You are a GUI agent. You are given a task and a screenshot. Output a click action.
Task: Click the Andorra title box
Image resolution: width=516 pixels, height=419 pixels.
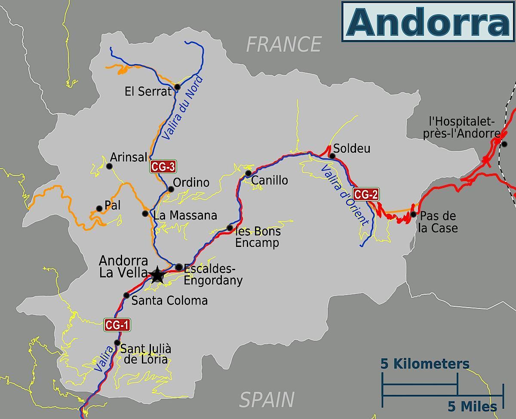[x=428, y=21]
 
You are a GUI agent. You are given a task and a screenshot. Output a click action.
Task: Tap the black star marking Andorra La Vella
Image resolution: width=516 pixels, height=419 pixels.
[x=157, y=274]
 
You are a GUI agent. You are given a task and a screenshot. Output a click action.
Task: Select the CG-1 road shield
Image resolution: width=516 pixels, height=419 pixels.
[x=117, y=325]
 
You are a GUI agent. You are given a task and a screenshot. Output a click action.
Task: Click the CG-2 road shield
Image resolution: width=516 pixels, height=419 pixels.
[x=365, y=194]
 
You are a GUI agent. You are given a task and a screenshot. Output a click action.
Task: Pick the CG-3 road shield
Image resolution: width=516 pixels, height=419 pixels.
[x=163, y=166]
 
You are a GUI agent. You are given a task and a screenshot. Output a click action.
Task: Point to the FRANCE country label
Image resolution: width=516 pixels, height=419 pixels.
[x=284, y=44]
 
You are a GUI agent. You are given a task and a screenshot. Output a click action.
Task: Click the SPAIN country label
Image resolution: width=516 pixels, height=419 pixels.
[x=267, y=400]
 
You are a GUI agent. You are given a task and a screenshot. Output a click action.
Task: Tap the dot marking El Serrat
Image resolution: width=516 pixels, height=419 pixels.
[x=177, y=87]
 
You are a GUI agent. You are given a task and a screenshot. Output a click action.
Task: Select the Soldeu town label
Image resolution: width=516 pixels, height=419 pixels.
[x=352, y=149]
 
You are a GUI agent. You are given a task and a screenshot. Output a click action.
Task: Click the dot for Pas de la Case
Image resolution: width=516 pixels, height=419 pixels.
[x=413, y=214]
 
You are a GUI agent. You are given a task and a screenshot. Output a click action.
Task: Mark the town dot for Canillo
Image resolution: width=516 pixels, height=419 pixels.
[x=248, y=173]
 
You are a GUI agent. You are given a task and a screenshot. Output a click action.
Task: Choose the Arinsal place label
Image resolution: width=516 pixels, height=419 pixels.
[x=129, y=157]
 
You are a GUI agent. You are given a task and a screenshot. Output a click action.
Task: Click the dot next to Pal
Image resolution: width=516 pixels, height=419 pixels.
[x=99, y=209]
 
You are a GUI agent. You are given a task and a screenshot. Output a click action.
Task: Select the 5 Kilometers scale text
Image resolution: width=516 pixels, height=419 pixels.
[x=425, y=364]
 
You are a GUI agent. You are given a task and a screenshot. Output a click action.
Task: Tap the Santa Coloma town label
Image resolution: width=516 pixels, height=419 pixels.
[x=169, y=300]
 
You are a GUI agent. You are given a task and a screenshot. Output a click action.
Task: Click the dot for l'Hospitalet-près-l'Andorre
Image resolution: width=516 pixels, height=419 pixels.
[x=504, y=144]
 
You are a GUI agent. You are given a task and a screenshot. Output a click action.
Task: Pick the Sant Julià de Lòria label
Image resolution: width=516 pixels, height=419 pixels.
[x=145, y=354]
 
